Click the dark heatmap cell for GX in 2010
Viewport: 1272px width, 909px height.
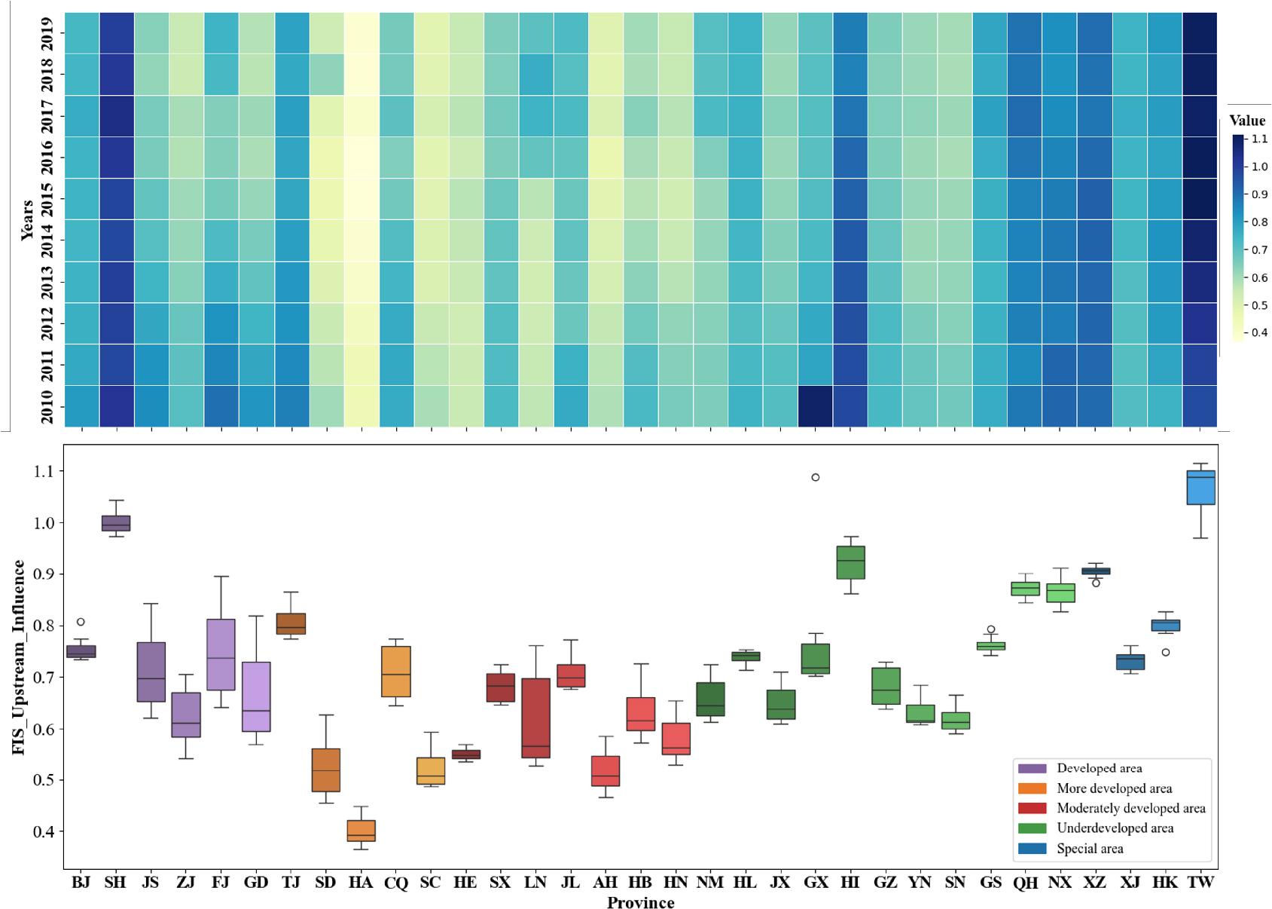(x=815, y=406)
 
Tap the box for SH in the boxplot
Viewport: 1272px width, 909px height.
(x=116, y=523)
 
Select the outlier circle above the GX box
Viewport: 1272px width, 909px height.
(x=815, y=477)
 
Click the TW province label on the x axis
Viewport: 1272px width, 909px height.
(x=1200, y=883)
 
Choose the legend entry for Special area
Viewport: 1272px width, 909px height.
(x=1089, y=849)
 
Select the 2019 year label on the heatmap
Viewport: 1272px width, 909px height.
(x=47, y=34)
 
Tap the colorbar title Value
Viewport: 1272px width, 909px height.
(x=1247, y=121)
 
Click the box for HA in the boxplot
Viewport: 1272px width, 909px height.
(x=361, y=831)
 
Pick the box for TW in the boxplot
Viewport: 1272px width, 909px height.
(x=1200, y=488)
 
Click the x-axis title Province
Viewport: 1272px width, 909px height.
(x=640, y=902)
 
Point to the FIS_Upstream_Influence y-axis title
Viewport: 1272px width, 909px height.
(x=18, y=656)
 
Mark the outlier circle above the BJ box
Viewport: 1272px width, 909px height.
(x=81, y=622)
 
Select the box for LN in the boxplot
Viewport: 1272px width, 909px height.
(x=535, y=718)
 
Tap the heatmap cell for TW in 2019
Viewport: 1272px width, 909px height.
(x=1200, y=33)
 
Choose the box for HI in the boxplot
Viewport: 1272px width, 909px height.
(x=850, y=562)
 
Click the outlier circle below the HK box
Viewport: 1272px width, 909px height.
(x=1165, y=652)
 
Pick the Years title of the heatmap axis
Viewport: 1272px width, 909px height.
(x=27, y=219)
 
